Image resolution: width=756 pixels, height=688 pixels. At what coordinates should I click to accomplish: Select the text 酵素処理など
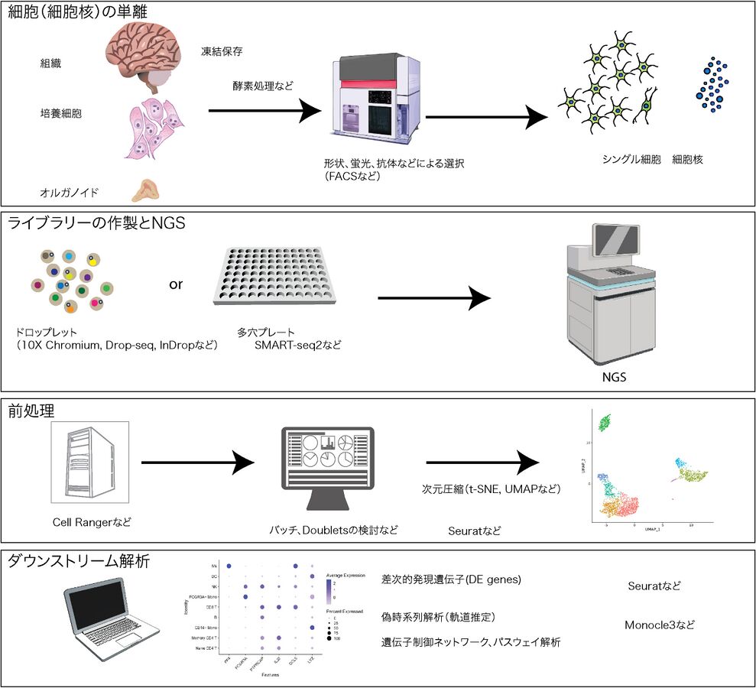tap(262, 87)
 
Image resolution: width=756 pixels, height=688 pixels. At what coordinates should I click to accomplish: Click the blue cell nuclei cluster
tap(712, 86)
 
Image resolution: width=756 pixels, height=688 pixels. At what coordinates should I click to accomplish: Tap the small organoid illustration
tap(144, 188)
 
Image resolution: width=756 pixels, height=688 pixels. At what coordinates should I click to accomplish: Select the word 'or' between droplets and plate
tap(176, 284)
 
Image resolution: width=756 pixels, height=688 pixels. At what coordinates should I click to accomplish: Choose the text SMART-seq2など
tap(298, 346)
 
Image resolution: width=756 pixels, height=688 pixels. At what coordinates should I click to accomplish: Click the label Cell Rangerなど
tap(92, 521)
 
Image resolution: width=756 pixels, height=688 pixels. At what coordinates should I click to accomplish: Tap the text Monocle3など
tap(660, 624)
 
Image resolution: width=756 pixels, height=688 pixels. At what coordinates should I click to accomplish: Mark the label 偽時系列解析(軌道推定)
tap(439, 617)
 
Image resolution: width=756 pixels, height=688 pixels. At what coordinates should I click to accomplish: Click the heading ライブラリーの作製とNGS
tap(97, 223)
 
